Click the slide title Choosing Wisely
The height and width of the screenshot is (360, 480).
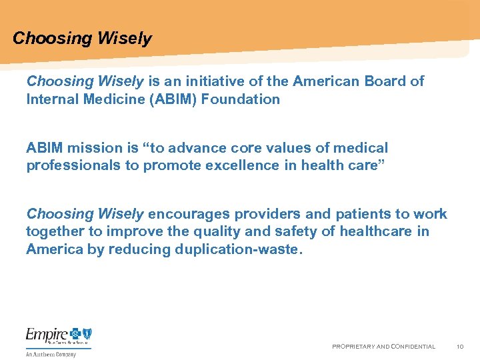tap(82, 39)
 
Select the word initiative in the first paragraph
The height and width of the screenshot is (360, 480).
tap(212, 81)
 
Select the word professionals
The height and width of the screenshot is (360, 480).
tap(73, 165)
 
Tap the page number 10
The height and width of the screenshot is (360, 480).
tap(460, 347)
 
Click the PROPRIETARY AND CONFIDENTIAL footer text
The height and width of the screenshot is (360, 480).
tap(383, 347)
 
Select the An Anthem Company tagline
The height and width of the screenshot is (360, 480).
tap(51, 354)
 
